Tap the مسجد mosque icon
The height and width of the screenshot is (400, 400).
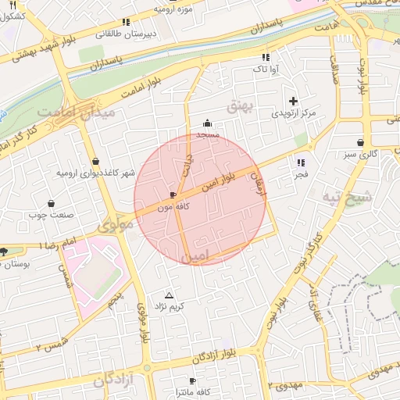[207, 123]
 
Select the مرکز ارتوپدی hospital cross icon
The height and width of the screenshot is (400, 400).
[293, 101]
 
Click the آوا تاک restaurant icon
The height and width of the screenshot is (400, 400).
[266, 57]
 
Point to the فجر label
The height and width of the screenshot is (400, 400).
[302, 175]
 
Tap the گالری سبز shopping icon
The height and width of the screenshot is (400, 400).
[359, 143]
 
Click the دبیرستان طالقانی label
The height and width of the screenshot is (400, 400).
[126, 34]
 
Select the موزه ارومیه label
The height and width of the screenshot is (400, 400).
[173, 9]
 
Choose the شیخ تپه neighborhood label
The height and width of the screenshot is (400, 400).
[345, 198]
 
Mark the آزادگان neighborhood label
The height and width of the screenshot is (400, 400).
[112, 380]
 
